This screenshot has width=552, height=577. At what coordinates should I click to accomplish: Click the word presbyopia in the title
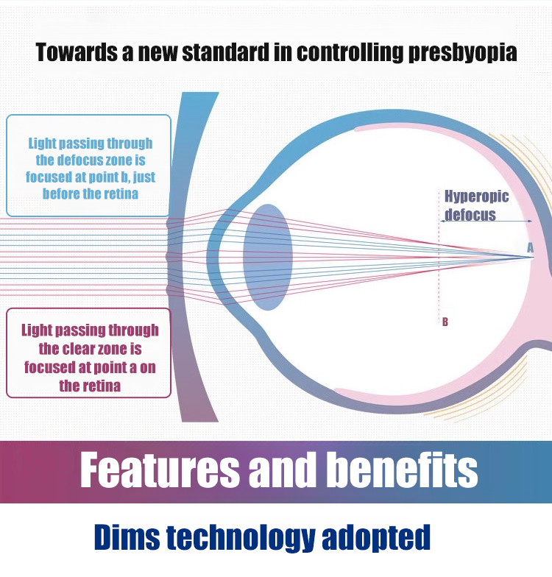[x=462, y=53]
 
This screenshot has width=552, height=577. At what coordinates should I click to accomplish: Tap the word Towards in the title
[x=77, y=52]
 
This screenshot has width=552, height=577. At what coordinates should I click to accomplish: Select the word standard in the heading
[x=226, y=52]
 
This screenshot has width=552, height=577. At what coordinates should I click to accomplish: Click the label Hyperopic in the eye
[x=477, y=197]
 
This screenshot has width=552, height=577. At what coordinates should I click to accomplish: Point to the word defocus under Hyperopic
[x=470, y=214]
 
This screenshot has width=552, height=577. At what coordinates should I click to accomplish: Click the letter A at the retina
[x=530, y=247]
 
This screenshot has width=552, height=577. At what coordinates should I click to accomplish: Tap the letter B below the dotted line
[x=445, y=322]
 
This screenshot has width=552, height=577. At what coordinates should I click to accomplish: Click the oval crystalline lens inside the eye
[x=268, y=257]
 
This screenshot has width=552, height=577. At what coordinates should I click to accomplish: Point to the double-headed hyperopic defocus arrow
[x=486, y=221]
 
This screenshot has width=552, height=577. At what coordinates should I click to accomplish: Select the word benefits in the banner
[x=403, y=470]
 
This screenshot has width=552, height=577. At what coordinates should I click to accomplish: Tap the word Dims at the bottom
[x=127, y=537]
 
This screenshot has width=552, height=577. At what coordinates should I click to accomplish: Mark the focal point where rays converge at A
[x=533, y=257]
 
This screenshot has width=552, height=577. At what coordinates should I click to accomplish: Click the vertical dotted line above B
[x=439, y=254]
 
